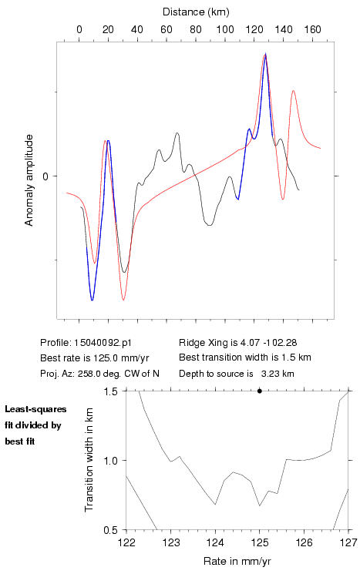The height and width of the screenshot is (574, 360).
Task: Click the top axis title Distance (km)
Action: (x=196, y=12)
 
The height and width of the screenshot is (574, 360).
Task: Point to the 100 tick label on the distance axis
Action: (x=225, y=29)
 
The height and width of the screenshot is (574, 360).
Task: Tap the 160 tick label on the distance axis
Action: (x=312, y=29)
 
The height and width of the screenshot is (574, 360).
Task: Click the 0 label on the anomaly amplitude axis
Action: (x=45, y=176)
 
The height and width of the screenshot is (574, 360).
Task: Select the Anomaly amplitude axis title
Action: (x=29, y=180)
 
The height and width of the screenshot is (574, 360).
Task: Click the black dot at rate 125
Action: (x=260, y=391)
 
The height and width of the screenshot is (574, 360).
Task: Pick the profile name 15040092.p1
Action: (x=103, y=343)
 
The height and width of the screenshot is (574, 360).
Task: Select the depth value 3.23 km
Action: (x=278, y=374)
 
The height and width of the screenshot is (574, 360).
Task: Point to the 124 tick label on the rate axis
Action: (x=215, y=542)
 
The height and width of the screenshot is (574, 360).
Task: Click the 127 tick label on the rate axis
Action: (x=348, y=542)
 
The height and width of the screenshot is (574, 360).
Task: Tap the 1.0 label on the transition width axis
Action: (x=110, y=461)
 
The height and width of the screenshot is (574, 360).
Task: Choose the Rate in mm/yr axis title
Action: (x=237, y=561)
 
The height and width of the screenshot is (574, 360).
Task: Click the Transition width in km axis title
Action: (x=89, y=460)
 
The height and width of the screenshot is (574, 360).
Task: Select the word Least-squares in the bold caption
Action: (x=35, y=409)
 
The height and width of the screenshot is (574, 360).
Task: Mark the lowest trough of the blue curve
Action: (x=92, y=300)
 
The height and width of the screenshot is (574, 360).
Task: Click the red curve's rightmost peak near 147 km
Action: (x=294, y=90)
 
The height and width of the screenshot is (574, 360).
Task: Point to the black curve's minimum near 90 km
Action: (x=209, y=225)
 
